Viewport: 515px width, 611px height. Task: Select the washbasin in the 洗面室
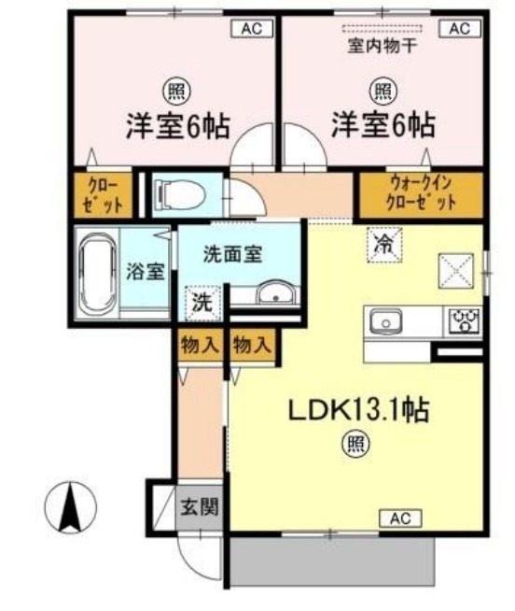275,291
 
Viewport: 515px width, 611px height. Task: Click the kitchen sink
385,322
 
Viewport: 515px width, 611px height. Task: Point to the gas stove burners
464,320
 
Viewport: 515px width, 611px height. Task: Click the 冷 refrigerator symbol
385,245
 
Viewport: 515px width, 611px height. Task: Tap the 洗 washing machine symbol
202,303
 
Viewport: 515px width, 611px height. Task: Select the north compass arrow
70,507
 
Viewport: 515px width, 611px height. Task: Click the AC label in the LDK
400,519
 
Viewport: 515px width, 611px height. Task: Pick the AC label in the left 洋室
252,29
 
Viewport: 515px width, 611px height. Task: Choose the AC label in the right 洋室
460,29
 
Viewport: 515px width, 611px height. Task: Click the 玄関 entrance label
200,507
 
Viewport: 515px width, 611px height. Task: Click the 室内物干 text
382,47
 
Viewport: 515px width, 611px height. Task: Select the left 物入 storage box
200,346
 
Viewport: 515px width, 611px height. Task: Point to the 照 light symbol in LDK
355,444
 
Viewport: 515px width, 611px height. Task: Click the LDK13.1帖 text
358,410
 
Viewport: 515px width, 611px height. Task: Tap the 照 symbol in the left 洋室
176,92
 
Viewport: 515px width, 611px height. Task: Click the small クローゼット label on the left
104,193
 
